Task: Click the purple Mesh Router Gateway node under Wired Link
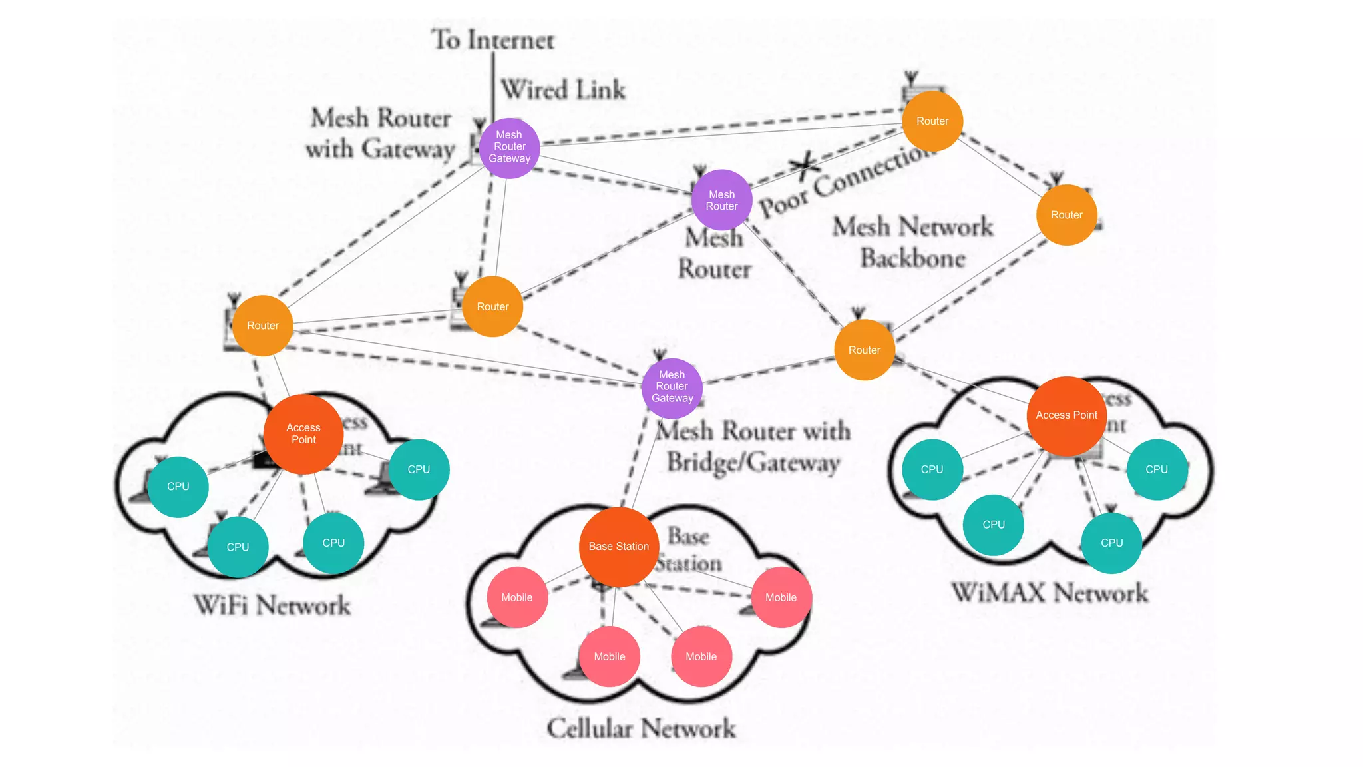(509, 148)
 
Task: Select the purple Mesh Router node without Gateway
(721, 200)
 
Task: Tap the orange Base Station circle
(619, 547)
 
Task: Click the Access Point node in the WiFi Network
(303, 434)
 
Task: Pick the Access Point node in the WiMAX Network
(1066, 416)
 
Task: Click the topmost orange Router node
(932, 121)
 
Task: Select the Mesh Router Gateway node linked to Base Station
(672, 387)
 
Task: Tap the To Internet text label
(492, 40)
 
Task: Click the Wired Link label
(563, 90)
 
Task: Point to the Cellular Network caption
(641, 728)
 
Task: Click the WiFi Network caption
(272, 605)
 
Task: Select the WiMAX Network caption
(1050, 593)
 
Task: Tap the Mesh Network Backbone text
(912, 242)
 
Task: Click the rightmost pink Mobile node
(781, 597)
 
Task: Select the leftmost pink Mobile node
(517, 597)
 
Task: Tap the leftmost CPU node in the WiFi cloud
(178, 487)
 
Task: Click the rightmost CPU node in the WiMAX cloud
(1156, 469)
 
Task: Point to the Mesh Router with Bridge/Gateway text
(753, 447)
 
